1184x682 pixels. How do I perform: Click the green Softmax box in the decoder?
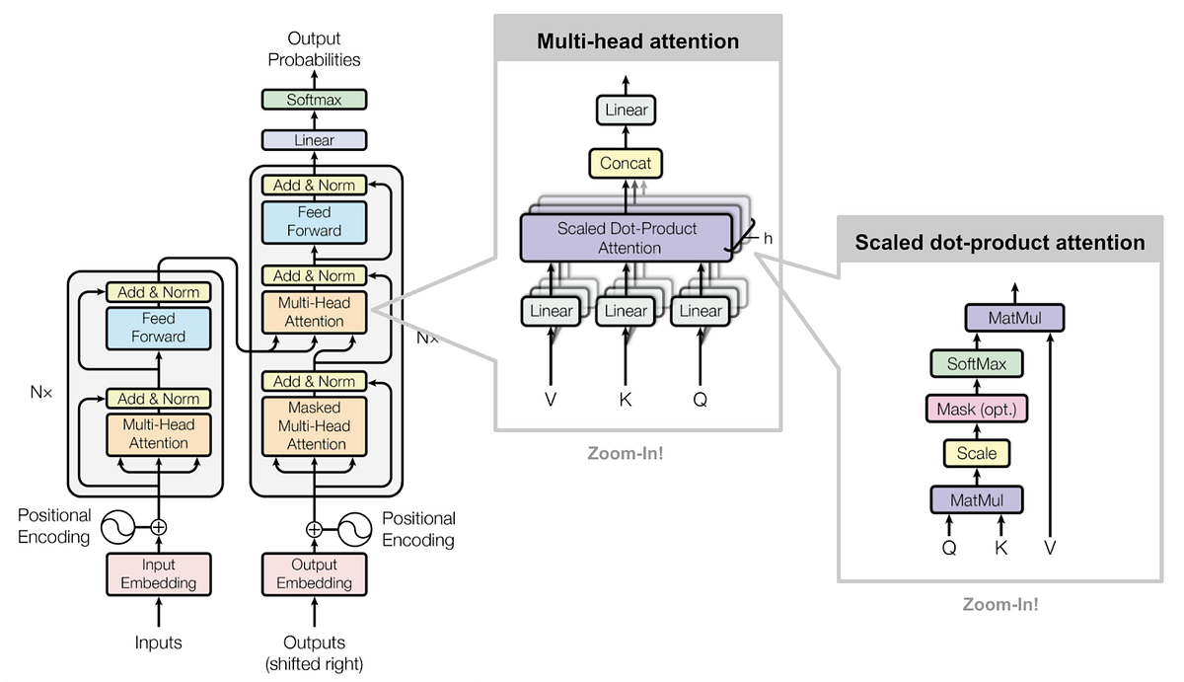click(314, 100)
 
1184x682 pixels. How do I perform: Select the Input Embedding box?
click(158, 573)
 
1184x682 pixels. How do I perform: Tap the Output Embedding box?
click(314, 573)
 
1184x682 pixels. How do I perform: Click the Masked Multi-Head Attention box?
click(314, 425)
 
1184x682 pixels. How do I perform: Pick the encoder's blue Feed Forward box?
click(158, 328)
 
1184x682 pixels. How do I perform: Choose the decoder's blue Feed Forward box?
click(314, 221)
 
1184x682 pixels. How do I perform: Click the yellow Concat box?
click(626, 163)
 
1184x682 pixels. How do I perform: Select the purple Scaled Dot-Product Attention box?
click(627, 238)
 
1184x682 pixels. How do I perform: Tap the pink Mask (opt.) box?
click(977, 409)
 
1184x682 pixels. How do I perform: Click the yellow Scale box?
click(977, 454)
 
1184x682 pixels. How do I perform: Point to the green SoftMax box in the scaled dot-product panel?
click(977, 364)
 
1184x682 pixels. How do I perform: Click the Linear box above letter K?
click(626, 311)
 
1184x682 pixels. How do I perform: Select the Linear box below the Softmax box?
click(314, 140)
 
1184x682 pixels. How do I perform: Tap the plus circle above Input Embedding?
click(158, 527)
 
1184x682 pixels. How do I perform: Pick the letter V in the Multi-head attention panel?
click(551, 400)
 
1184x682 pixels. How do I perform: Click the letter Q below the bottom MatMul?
click(949, 547)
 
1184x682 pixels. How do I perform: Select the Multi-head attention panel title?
click(637, 41)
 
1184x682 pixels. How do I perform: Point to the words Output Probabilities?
click(314, 49)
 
